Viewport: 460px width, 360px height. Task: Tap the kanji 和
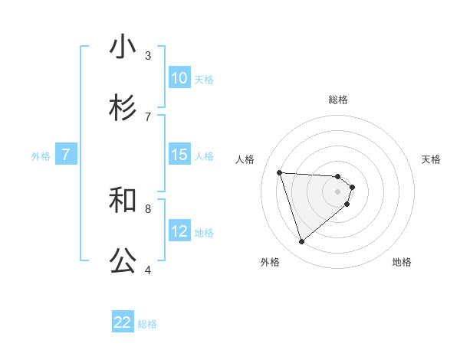pyautogui.click(x=123, y=200)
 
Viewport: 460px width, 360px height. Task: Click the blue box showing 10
pyautogui.click(x=179, y=78)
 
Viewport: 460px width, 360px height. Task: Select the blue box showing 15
pyautogui.click(x=179, y=155)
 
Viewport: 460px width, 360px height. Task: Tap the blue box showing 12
pyautogui.click(x=179, y=231)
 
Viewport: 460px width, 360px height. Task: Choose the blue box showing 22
pyautogui.click(x=123, y=322)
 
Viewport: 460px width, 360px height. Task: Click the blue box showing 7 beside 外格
pyautogui.click(x=66, y=155)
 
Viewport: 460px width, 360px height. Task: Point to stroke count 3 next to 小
pyautogui.click(x=148, y=55)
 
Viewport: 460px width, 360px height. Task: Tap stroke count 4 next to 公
pyautogui.click(x=148, y=270)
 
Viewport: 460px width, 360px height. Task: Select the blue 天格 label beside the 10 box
pyautogui.click(x=203, y=80)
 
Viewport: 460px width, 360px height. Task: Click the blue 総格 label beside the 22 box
pyautogui.click(x=147, y=324)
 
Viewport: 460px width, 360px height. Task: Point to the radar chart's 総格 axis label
pyautogui.click(x=338, y=100)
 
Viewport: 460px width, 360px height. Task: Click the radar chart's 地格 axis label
pyautogui.click(x=402, y=262)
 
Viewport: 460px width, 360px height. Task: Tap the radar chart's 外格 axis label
pyautogui.click(x=270, y=262)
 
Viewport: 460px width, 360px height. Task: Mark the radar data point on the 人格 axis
pyautogui.click(x=280, y=172)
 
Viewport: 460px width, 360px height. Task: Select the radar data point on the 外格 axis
pyautogui.click(x=301, y=242)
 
